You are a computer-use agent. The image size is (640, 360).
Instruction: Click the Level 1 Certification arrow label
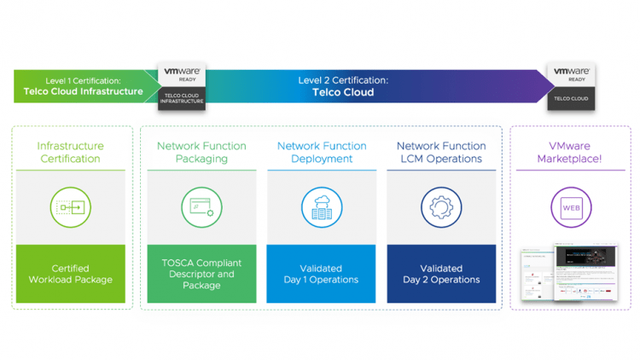tap(84, 86)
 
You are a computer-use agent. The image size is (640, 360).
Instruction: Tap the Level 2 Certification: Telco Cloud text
tap(342, 86)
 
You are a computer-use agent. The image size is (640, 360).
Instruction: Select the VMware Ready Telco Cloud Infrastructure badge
tap(182, 86)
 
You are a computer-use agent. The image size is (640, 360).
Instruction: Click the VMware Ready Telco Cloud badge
tap(571, 86)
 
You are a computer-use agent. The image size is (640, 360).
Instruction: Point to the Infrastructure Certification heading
tap(71, 152)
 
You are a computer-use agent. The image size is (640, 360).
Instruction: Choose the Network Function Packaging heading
tap(201, 152)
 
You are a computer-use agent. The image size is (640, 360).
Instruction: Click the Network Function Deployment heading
tap(321, 152)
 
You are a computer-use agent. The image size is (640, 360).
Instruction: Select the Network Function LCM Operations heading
tap(441, 152)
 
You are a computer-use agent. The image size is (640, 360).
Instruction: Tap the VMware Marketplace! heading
tap(570, 152)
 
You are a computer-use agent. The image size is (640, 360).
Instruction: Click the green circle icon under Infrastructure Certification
tap(71, 207)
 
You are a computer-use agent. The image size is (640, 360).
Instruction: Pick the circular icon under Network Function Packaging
tap(201, 207)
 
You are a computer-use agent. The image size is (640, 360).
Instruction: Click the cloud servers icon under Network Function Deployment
tap(321, 207)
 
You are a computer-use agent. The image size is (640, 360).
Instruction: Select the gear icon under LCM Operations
tap(441, 207)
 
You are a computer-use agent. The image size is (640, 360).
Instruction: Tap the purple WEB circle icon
tap(570, 207)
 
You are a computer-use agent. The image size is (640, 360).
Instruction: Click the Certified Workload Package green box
tap(71, 274)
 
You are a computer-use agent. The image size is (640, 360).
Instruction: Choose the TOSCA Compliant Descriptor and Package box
tap(201, 274)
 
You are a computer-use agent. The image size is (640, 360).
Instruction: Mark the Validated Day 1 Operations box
tap(321, 274)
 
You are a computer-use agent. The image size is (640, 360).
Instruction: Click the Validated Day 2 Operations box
tap(441, 274)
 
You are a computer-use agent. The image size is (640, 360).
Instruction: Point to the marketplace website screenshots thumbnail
tap(570, 272)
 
